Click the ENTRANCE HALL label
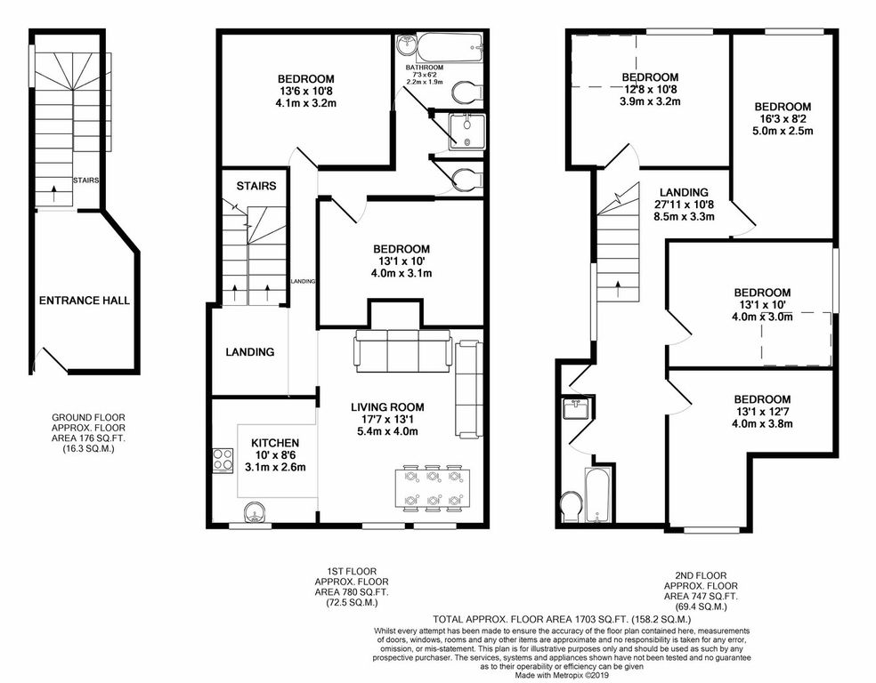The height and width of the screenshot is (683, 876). (x=84, y=301)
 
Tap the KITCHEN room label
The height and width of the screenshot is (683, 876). (x=274, y=442)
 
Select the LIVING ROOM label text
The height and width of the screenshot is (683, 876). (x=384, y=406)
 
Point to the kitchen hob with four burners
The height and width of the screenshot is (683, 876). (x=220, y=461)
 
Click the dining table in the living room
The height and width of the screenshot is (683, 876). (x=433, y=487)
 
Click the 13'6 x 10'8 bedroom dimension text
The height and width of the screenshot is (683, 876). (x=305, y=90)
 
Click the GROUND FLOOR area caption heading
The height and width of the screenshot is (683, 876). (x=88, y=416)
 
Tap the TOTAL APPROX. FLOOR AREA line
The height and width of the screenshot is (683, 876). (x=562, y=618)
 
